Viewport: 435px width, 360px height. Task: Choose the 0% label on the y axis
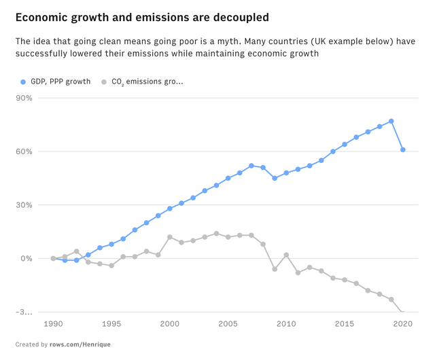[x=27, y=259]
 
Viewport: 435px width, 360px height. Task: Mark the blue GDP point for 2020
[x=403, y=149]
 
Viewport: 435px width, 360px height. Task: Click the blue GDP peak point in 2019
[x=391, y=121]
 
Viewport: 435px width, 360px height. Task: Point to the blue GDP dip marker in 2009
[x=275, y=178]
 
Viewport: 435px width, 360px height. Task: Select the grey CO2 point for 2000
[x=170, y=237]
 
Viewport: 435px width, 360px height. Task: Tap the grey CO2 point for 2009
[x=275, y=269]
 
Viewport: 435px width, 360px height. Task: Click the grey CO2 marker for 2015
[x=345, y=280]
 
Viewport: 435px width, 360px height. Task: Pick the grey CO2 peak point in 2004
[x=216, y=234]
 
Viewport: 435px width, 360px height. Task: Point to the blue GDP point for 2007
[x=251, y=166]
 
